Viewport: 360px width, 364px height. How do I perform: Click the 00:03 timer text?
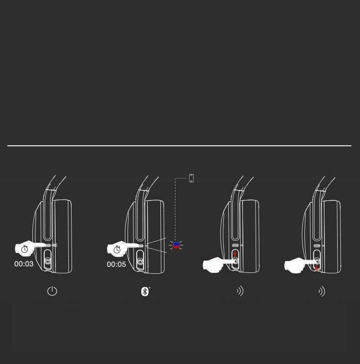pos(24,264)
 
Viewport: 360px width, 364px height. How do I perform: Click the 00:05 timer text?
pos(116,264)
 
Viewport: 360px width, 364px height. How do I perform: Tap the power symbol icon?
pos(52,291)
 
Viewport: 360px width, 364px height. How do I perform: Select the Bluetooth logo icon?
pos(145,292)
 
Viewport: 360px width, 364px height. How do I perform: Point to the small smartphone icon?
pos(191,178)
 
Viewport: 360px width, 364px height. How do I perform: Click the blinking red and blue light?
pos(176,245)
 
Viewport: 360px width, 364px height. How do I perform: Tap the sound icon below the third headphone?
pos(240,291)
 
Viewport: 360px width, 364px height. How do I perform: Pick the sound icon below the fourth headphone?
pos(322,292)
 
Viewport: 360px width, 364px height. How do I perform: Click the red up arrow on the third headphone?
pos(235,254)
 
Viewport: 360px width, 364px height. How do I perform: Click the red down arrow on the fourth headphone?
pos(316,268)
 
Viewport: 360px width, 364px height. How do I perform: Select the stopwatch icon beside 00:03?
pos(25,249)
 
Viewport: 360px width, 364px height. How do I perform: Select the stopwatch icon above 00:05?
pos(117,249)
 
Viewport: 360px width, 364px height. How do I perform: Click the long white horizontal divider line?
pos(179,145)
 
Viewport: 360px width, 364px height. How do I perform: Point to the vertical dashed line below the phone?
pos(175,209)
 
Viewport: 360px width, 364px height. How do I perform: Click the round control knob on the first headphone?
pos(47,261)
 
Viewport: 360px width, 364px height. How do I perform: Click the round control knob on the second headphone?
pos(140,261)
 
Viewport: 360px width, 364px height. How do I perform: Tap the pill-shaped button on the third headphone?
pos(235,245)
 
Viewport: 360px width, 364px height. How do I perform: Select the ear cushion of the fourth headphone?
pos(332,236)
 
